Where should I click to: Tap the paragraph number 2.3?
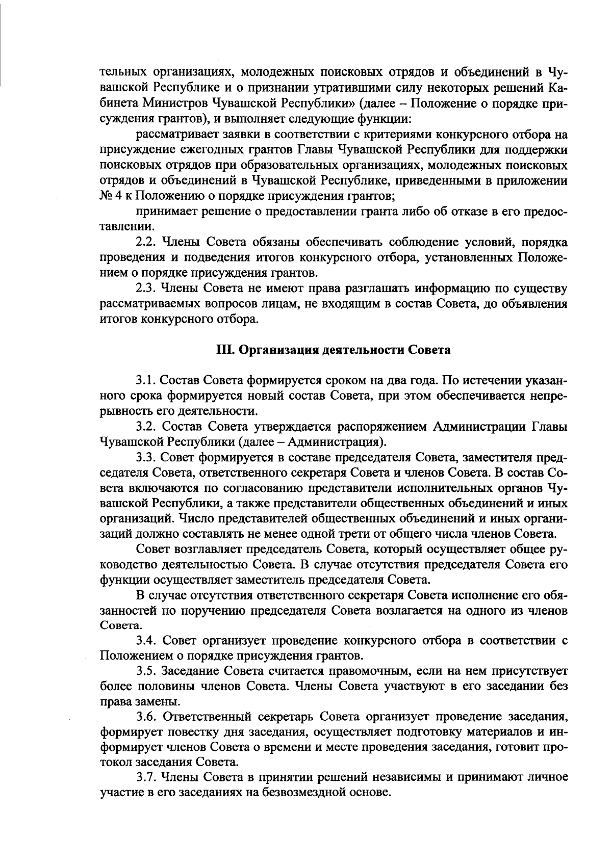(x=146, y=289)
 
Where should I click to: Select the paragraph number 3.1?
(x=146, y=380)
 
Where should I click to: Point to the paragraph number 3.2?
(x=146, y=426)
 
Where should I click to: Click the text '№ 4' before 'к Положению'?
(x=110, y=196)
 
